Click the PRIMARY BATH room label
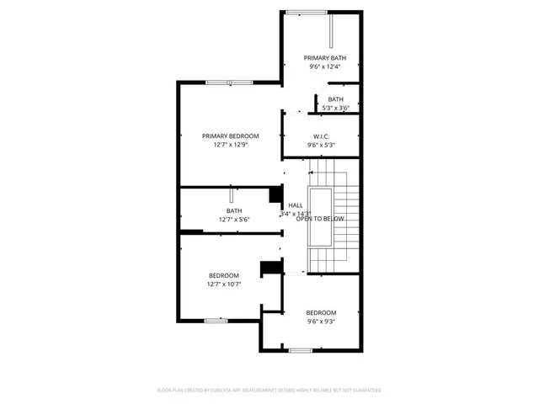click(x=325, y=58)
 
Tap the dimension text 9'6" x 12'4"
click(x=325, y=66)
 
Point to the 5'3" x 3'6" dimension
click(x=336, y=108)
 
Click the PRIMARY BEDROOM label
click(x=230, y=136)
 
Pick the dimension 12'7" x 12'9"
click(x=230, y=144)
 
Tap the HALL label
click(x=296, y=205)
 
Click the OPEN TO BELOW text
click(x=320, y=219)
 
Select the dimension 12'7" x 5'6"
click(x=234, y=220)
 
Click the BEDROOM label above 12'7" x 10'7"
click(x=224, y=275)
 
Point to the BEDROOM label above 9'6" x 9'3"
click(x=321, y=312)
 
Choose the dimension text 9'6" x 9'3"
click(x=321, y=321)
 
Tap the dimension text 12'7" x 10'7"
click(x=224, y=284)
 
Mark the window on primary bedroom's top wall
click(x=218, y=82)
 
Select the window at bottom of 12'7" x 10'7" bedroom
click(x=216, y=321)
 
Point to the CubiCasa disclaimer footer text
click(x=269, y=391)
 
